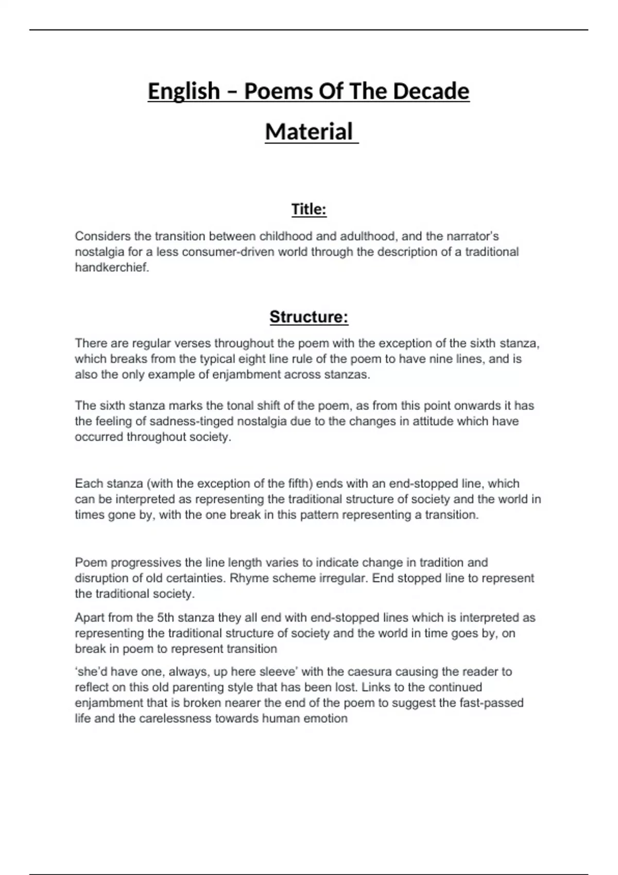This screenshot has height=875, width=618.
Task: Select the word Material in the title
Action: (309, 132)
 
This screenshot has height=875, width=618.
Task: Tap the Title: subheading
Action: (309, 209)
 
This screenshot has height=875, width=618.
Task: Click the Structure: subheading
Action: (309, 317)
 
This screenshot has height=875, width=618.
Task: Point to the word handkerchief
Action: (112, 268)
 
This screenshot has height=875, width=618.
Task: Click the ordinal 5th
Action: (167, 618)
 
